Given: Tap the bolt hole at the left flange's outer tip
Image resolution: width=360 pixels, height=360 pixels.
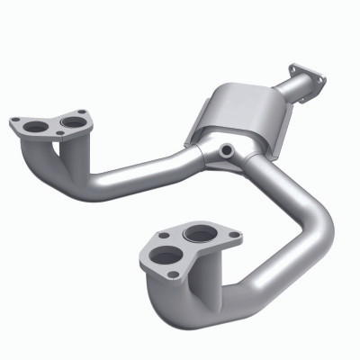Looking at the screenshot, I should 15,121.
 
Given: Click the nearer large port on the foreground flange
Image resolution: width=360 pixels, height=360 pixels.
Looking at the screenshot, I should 165,255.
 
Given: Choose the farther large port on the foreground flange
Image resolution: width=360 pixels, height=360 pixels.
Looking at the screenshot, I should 199,236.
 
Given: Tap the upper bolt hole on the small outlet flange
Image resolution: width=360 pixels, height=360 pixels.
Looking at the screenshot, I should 293,67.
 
